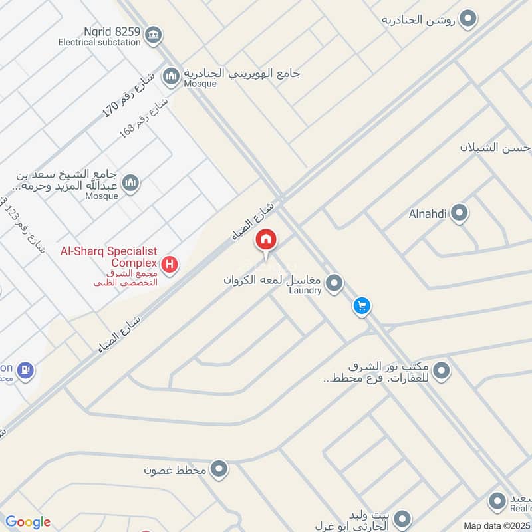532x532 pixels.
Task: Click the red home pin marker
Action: coord(266,239)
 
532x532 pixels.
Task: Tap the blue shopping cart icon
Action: coord(362,306)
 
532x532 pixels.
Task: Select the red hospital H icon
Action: coord(171,265)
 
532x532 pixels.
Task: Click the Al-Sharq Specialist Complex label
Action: coord(108,257)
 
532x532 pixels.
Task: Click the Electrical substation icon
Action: coord(154,34)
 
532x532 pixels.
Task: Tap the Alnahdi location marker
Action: coord(459,214)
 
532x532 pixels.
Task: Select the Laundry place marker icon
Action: coord(334,284)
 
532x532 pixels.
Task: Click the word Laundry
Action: coord(307,290)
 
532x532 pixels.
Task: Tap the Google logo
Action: coord(28,522)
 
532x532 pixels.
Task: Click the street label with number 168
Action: coord(142,113)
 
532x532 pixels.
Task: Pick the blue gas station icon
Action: coord(25,370)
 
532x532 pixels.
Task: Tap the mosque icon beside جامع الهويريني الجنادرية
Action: coord(172,77)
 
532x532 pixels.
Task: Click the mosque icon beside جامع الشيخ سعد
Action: coord(130,182)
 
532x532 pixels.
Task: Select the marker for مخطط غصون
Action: coord(219,471)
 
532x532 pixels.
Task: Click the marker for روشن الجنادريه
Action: coord(469,19)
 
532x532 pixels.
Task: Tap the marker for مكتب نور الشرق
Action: coord(442,370)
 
